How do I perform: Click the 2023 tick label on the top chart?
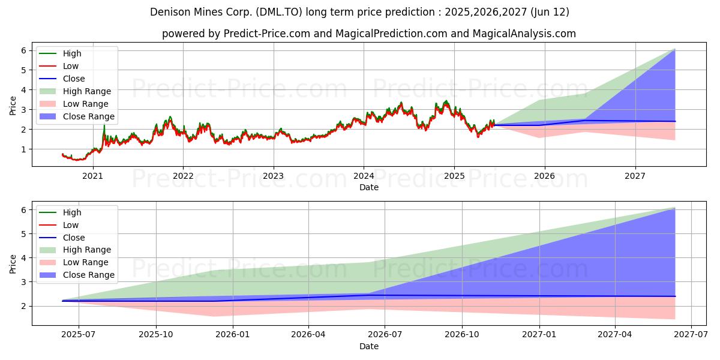(274, 176)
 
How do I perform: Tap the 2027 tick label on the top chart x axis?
(635, 176)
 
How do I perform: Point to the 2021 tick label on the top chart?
(92, 176)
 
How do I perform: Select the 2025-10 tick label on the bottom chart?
(157, 335)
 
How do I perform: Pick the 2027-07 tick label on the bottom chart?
(691, 335)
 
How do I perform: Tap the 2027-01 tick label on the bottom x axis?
(540, 335)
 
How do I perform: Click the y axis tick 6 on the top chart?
(23, 50)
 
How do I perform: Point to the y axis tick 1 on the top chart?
(23, 149)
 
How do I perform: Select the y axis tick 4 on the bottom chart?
(23, 258)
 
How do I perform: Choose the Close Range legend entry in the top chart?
(88, 116)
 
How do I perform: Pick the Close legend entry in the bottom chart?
(74, 238)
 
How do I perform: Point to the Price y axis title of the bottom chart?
(13, 263)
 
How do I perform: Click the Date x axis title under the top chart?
(368, 187)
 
